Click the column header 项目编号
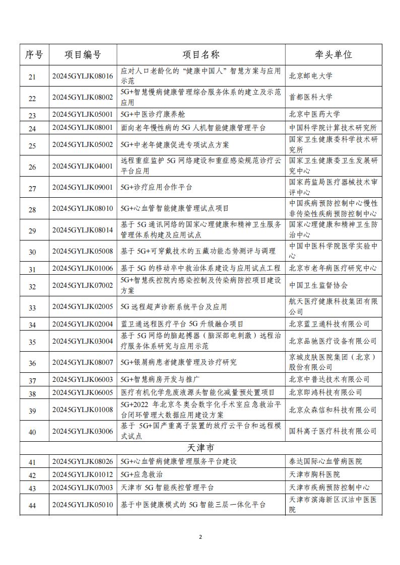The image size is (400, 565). tap(83, 55)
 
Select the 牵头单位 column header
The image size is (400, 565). tap(333, 55)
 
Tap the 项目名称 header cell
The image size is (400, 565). tap(201, 55)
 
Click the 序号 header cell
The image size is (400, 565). tap(34, 55)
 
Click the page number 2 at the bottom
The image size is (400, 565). tap(200, 537)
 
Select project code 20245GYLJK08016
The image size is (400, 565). tap(83, 76)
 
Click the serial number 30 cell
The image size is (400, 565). tap(32, 252)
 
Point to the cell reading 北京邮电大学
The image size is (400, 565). tap(311, 76)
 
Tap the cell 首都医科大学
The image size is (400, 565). tap(311, 97)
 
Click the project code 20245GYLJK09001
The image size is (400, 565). tap(83, 187)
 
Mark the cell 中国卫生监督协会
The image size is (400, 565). tap(318, 285)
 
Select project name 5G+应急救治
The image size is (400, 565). tap(142, 474)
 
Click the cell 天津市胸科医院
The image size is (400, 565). tap(314, 474)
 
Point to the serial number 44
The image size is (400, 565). tap(32, 505)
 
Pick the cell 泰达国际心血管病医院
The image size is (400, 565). tap(325, 461)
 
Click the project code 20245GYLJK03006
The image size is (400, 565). tap(83, 431)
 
